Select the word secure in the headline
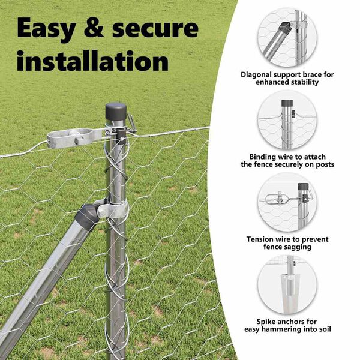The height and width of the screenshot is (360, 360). point(155,28)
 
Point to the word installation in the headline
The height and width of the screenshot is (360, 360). point(92,61)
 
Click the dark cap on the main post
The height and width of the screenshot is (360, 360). point(116,111)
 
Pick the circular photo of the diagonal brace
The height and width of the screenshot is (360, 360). point(287,38)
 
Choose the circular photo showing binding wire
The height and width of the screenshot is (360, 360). point(287,120)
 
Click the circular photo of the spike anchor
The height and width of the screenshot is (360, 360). point(287,284)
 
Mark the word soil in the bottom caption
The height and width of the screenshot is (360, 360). point(325,329)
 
